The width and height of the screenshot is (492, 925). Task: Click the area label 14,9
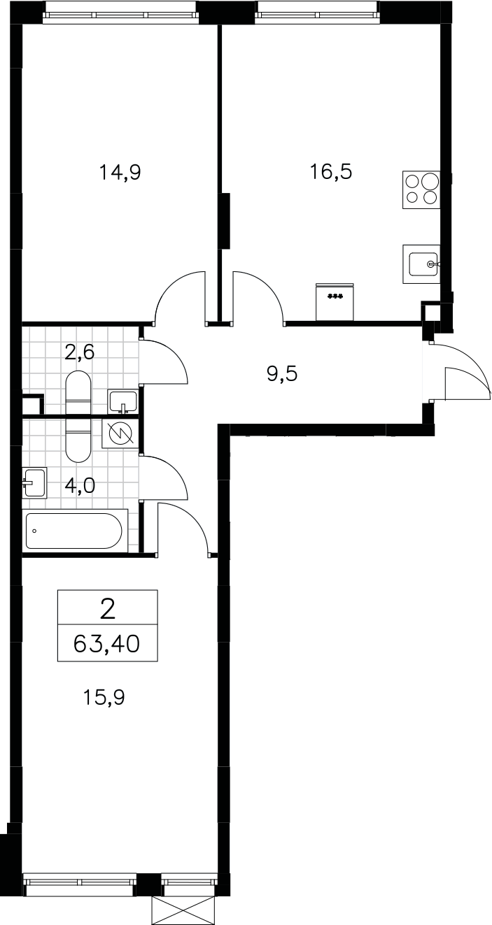pyautogui.click(x=120, y=172)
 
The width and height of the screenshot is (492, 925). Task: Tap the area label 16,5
pyautogui.click(x=331, y=172)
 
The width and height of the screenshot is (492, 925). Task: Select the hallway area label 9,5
pyautogui.click(x=282, y=375)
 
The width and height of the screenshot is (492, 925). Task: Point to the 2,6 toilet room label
pyautogui.click(x=79, y=352)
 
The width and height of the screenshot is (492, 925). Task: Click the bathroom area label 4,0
pyautogui.click(x=79, y=486)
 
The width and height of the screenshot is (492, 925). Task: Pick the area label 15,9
pyautogui.click(x=104, y=698)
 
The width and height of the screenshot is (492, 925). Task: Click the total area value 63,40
pyautogui.click(x=106, y=643)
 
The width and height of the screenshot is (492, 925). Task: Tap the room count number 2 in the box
pyautogui.click(x=108, y=610)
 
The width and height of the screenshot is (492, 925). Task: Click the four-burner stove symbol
pyautogui.click(x=421, y=189)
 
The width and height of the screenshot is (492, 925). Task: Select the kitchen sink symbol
pyautogui.click(x=422, y=264)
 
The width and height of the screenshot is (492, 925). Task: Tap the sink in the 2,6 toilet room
pyautogui.click(x=122, y=401)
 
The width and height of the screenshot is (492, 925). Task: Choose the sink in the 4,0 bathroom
pyautogui.click(x=35, y=482)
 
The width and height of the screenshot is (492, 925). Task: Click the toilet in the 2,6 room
pyautogui.click(x=78, y=392)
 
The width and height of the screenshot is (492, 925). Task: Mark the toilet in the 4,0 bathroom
pyautogui.click(x=78, y=439)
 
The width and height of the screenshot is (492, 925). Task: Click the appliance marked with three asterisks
pyautogui.click(x=335, y=301)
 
